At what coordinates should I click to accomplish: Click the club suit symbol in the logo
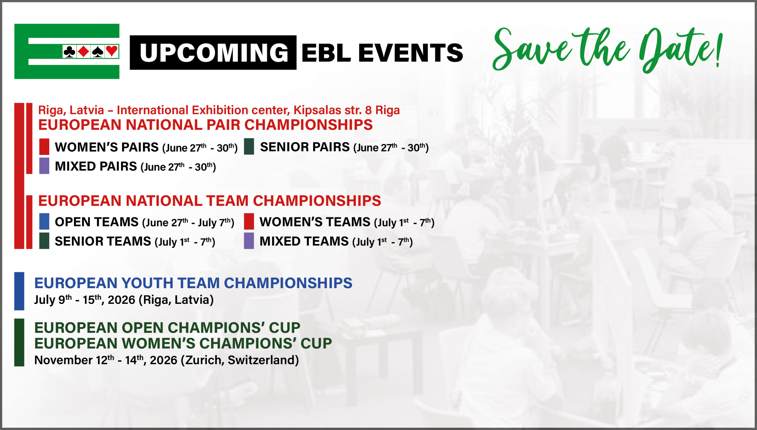[x=69, y=52]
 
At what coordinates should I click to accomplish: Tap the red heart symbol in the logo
[x=112, y=51]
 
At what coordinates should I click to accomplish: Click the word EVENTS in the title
[x=411, y=53]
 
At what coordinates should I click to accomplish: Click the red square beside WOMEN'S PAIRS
[x=44, y=147]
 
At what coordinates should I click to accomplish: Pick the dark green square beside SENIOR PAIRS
[x=249, y=146]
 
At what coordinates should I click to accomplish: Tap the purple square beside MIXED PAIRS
[x=44, y=166]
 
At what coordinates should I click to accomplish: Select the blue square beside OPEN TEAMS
[x=44, y=221]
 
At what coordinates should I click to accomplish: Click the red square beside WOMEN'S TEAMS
[x=249, y=221]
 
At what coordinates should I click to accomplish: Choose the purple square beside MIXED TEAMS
[x=249, y=241]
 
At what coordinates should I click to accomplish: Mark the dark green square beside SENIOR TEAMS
[x=44, y=241]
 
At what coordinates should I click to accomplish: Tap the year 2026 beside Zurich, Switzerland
[x=164, y=360]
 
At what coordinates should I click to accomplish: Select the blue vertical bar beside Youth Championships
[x=19, y=291]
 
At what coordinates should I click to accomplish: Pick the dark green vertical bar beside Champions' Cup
[x=19, y=343]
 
